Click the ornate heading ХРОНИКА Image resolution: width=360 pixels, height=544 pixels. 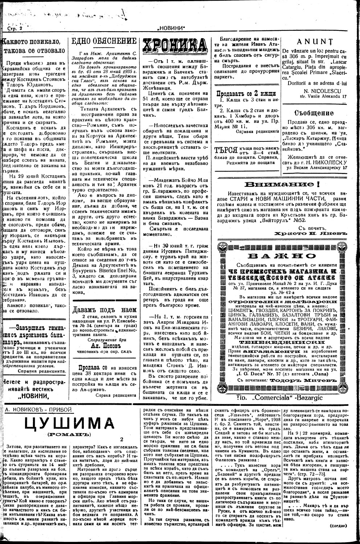pos(176,46)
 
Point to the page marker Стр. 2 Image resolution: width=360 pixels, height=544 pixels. pos(15,28)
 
